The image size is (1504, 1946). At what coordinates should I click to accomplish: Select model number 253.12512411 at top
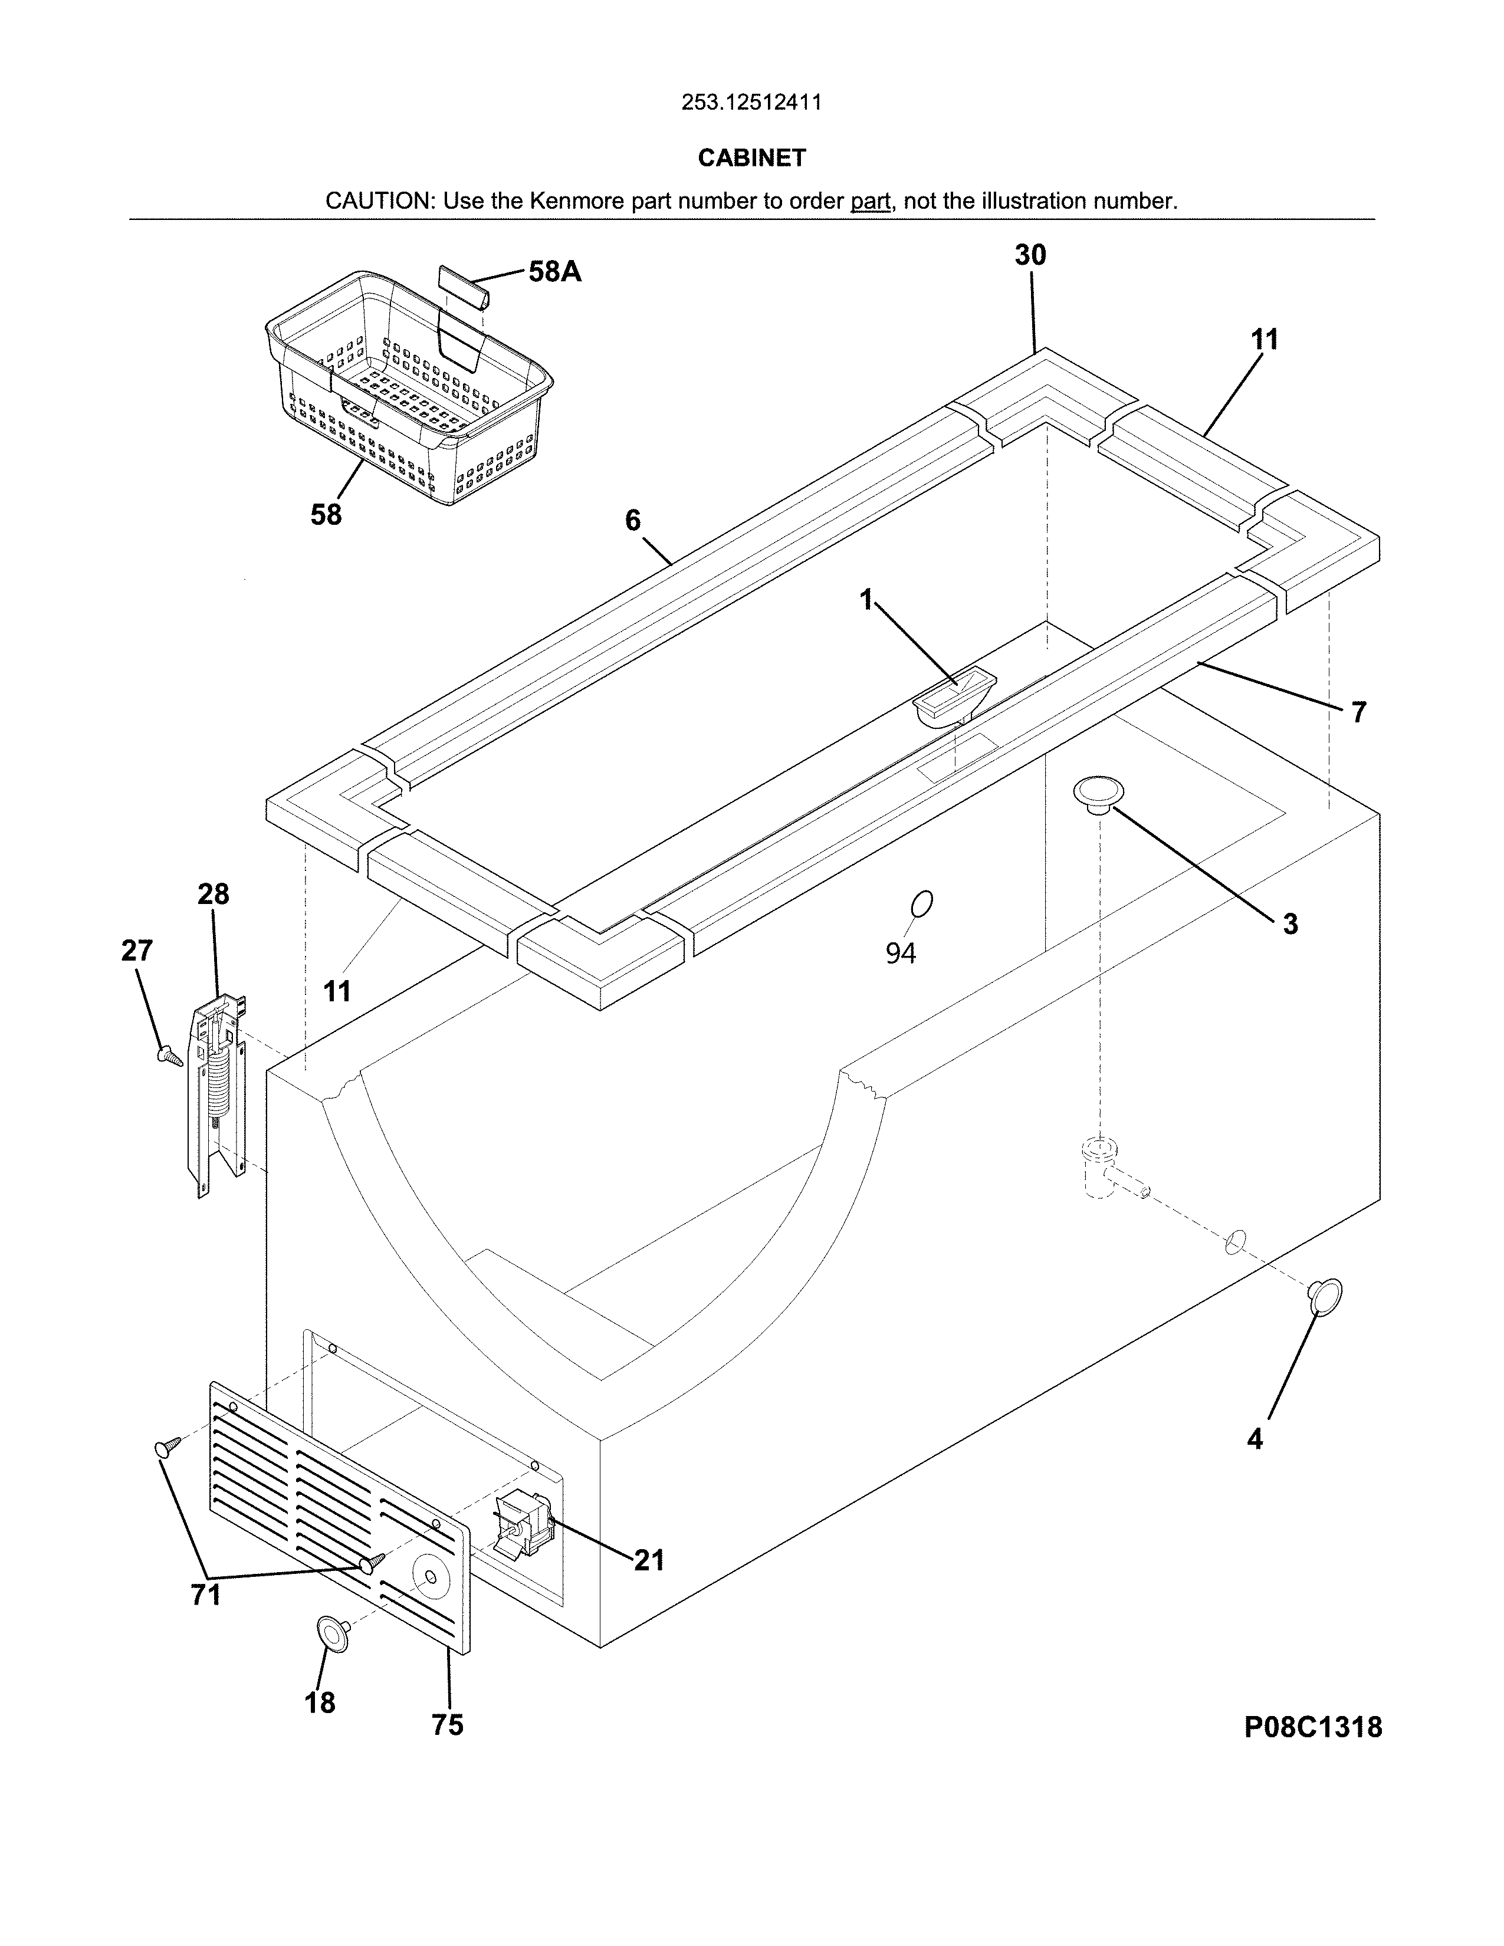click(x=751, y=103)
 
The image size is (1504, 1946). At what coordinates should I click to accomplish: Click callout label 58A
click(x=554, y=272)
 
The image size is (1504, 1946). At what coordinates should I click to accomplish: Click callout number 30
click(x=1030, y=256)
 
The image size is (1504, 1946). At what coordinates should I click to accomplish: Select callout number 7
click(x=1358, y=713)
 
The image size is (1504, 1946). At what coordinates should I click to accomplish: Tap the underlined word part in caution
click(x=871, y=201)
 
